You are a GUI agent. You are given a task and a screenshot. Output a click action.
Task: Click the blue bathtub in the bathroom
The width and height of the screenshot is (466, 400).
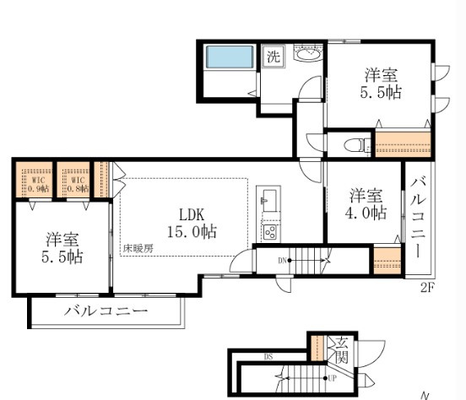pos(230,57)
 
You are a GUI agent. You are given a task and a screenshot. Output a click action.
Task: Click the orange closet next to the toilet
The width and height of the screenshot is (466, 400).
pos(402,144)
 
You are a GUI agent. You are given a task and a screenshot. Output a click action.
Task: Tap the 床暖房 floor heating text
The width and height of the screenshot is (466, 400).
pos(137,248)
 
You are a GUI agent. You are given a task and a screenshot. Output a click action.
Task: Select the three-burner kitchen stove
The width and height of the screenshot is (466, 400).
pos(271,230)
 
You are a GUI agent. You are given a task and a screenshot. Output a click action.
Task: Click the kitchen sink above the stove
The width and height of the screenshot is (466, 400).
pos(268,203)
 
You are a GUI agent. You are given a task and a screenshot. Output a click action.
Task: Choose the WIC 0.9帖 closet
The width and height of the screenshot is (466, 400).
pos(35,181)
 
